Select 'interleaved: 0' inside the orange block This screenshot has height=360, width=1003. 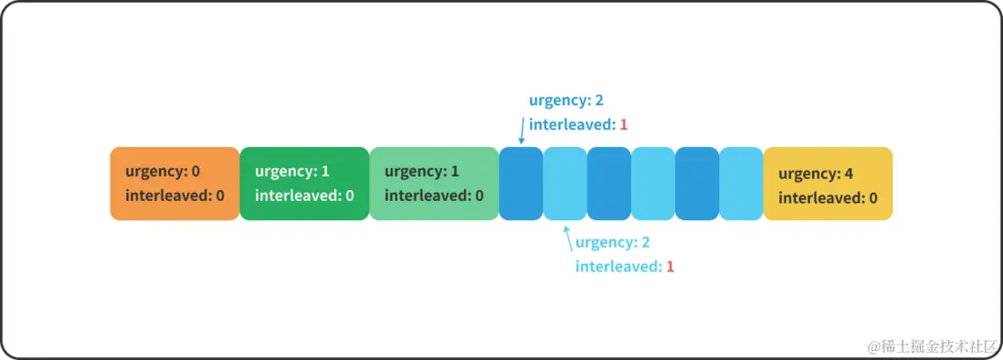click(174, 196)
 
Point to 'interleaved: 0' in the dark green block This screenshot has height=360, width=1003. click(304, 196)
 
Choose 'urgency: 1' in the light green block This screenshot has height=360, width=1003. click(422, 172)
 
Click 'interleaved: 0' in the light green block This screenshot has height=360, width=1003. click(434, 196)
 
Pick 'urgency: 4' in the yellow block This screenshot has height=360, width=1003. click(816, 174)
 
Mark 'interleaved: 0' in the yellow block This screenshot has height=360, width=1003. click(828, 197)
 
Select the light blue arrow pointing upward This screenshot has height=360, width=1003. click(569, 239)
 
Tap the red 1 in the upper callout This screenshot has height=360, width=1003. click(624, 124)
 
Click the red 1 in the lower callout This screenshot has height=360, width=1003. click(670, 267)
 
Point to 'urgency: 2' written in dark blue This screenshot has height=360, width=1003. click(566, 101)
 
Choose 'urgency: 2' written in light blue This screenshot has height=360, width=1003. click(612, 243)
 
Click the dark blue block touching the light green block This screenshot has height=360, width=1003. click(521, 184)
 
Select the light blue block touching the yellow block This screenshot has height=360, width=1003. click(741, 184)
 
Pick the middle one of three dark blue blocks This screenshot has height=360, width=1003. click(608, 184)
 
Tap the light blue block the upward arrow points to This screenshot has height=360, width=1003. click(565, 184)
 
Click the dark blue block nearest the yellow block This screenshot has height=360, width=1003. click(697, 184)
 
